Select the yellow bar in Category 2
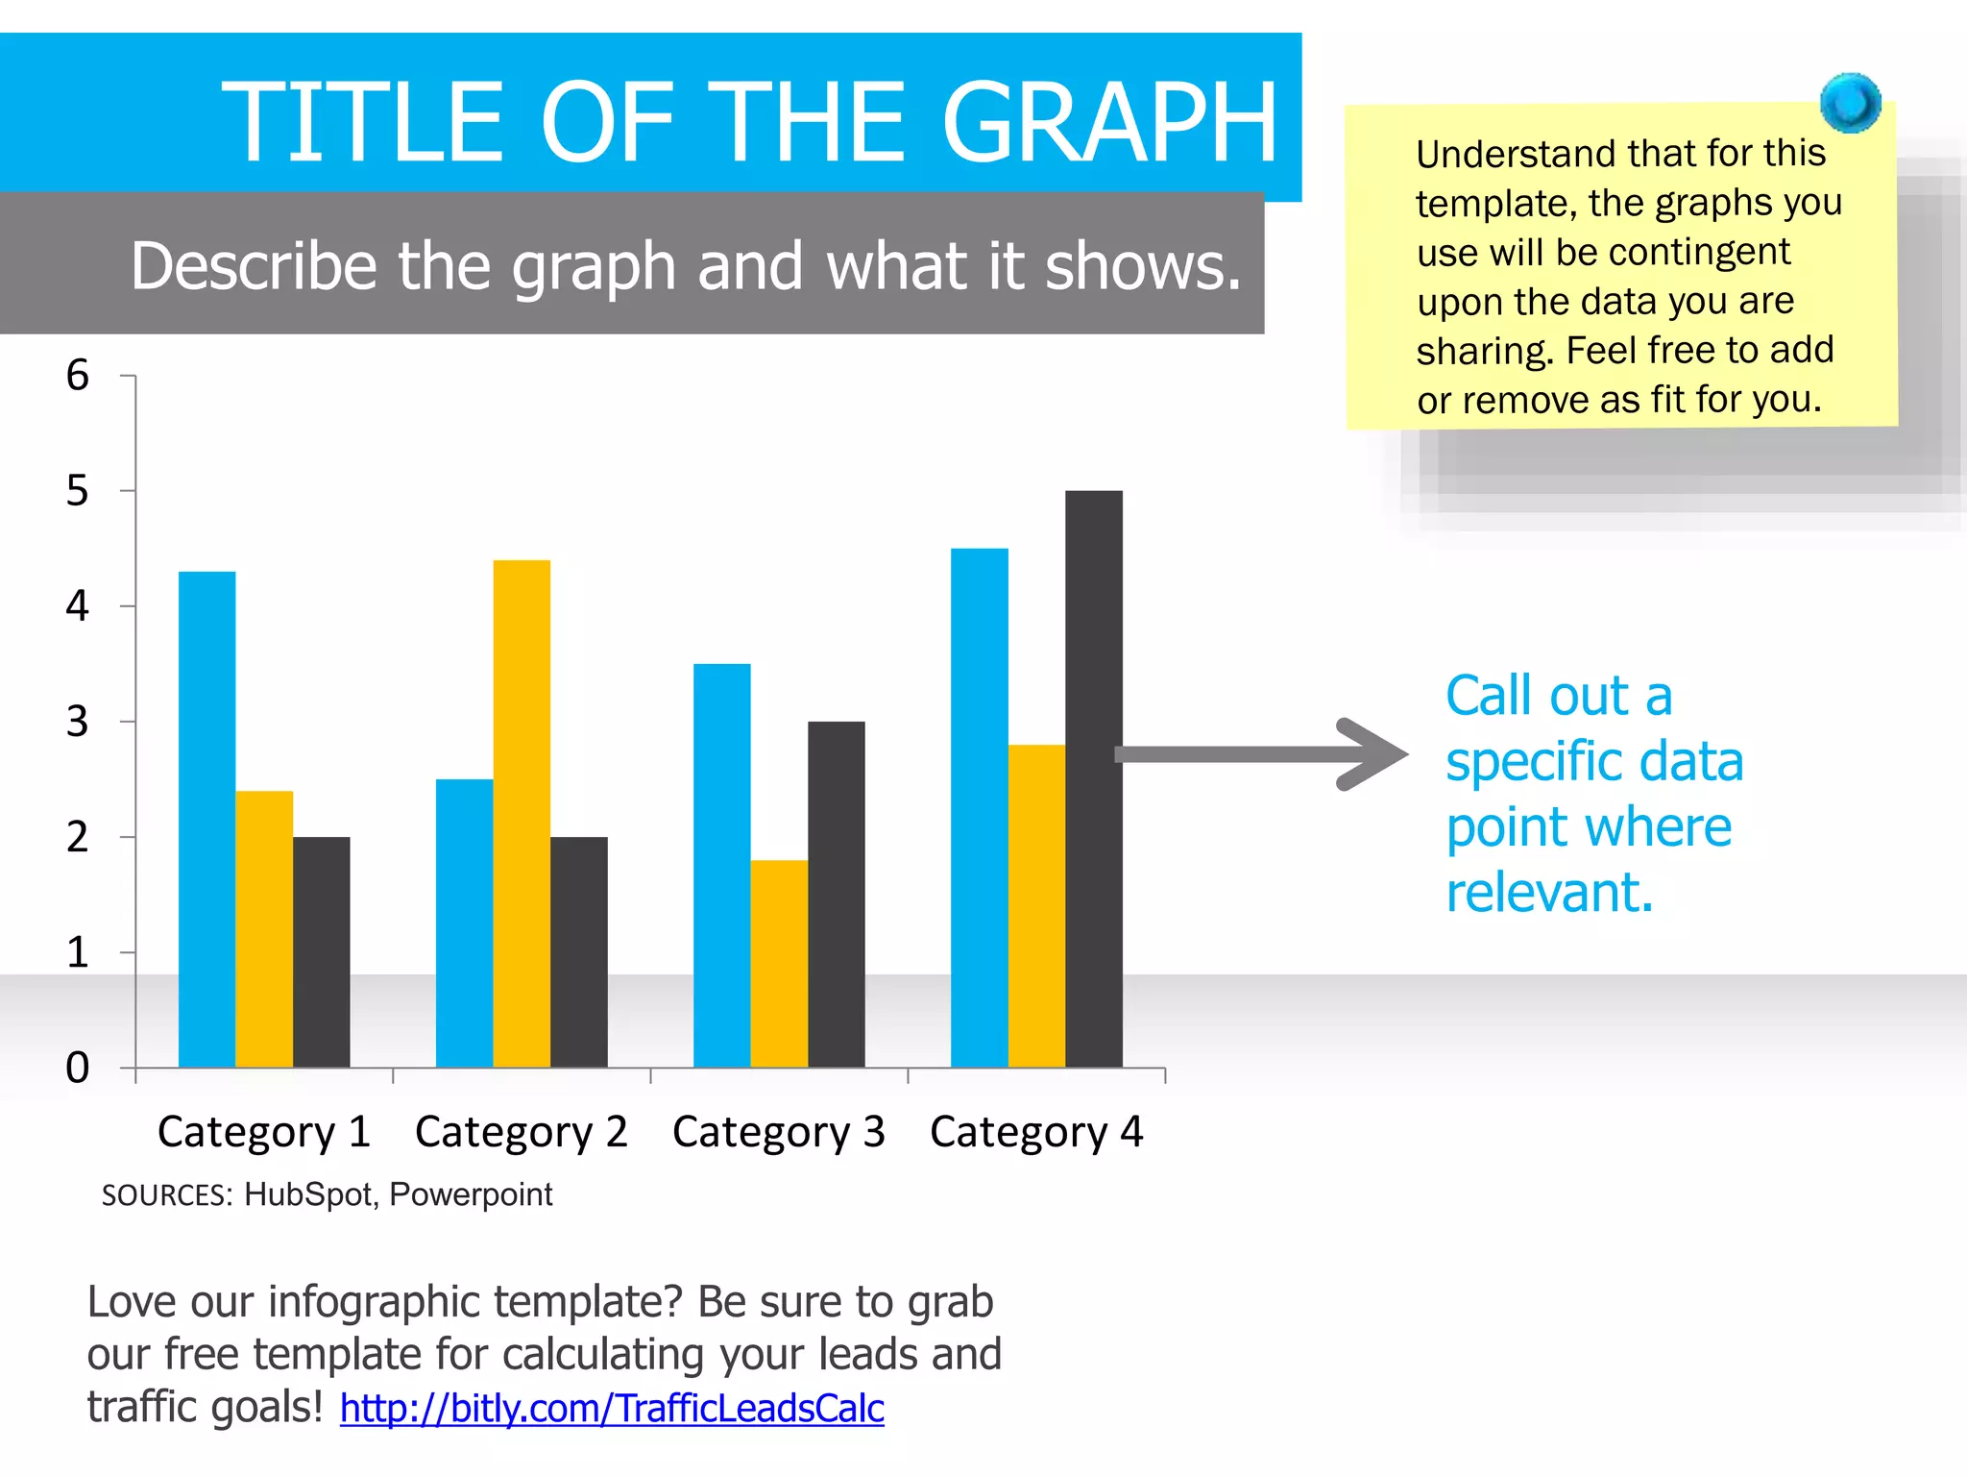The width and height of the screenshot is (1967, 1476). pos(522,813)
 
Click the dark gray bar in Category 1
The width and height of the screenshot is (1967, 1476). pos(321,951)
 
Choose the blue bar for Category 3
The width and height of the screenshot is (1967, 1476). pos(721,865)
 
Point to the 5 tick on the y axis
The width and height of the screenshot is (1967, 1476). pos(77,491)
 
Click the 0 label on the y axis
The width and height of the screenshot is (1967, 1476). pos(77,1068)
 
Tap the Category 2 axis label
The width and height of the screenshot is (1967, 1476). pos(521,1132)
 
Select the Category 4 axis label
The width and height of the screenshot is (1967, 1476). pos(1036,1132)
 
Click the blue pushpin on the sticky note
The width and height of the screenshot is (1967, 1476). pos(1850,102)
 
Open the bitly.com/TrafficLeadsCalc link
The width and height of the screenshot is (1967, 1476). pos(612,1409)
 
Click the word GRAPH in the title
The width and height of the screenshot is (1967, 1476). pos(1109,122)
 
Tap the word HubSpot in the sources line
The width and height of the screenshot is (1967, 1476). pos(307,1194)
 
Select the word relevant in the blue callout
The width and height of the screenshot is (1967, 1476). pos(1548,892)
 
